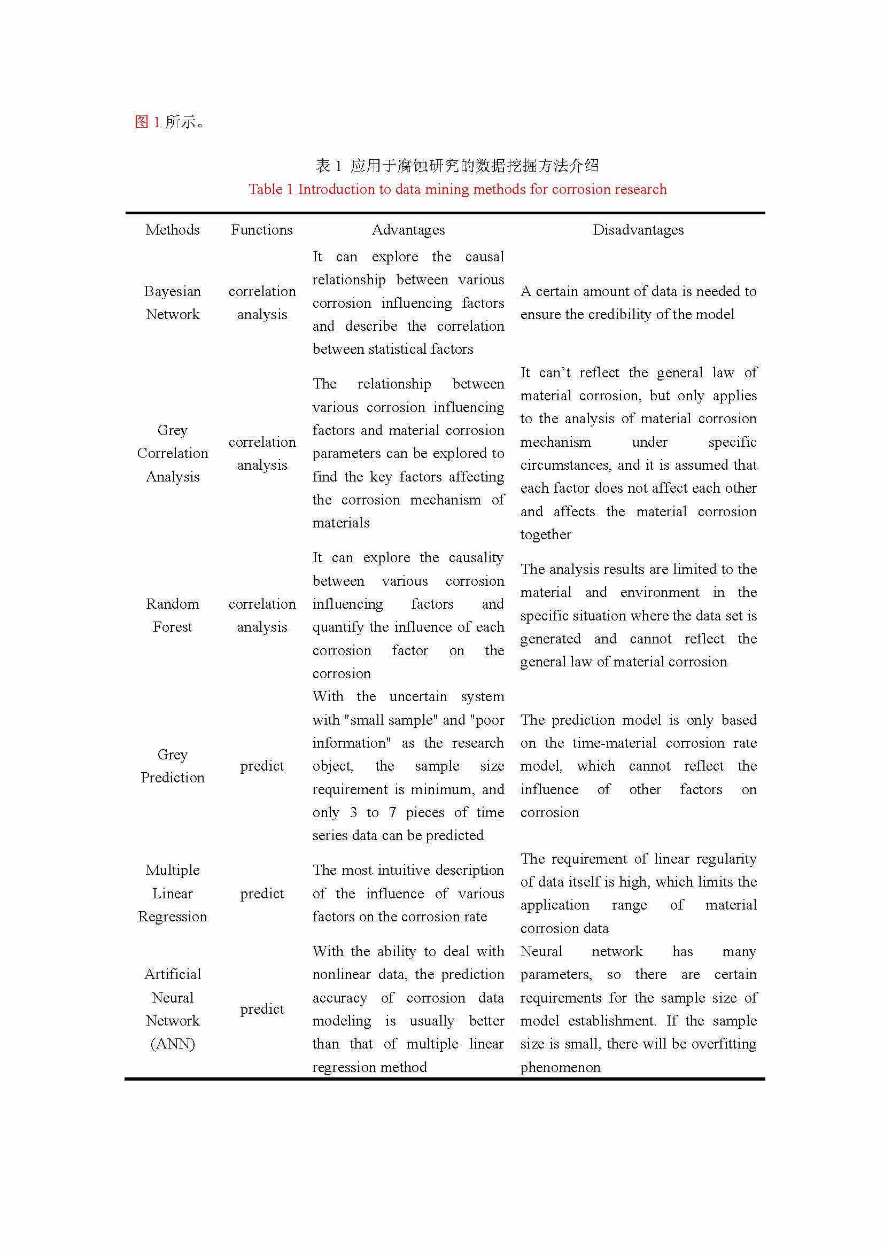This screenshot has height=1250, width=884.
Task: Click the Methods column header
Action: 173,230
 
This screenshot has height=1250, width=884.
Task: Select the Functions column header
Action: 262,230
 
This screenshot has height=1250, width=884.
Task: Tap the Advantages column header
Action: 408,230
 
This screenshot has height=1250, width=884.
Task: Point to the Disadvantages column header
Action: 638,230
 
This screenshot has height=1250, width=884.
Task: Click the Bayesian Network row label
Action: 173,302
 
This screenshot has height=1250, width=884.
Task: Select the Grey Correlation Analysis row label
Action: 173,453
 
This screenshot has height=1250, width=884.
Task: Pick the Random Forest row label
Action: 173,615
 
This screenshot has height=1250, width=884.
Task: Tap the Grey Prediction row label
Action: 173,766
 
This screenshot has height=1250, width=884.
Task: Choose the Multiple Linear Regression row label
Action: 173,893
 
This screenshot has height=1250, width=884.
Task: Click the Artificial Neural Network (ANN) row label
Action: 173,1009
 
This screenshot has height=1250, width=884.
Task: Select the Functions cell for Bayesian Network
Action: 262,302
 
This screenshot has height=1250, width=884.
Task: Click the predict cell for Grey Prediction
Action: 262,766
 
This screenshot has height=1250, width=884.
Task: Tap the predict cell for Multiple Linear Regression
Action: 262,894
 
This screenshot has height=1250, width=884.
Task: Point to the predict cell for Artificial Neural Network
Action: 262,1009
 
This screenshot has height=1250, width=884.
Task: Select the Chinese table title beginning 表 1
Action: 457,166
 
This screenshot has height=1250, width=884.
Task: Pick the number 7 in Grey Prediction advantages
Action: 392,812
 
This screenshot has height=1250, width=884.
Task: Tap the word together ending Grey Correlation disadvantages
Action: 546,534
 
